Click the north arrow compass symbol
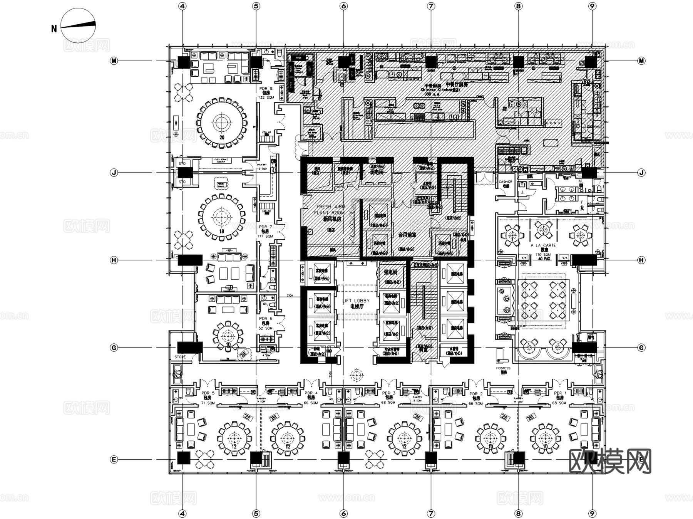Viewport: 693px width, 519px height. (78, 25)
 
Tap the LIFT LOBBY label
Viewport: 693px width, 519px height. (356, 303)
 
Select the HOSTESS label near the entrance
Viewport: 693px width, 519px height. (503, 370)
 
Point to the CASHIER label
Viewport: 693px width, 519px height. (506, 183)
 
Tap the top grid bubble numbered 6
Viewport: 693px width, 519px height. (343, 6)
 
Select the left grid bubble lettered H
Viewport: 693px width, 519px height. (114, 260)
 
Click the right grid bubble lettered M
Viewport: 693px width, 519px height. (641, 61)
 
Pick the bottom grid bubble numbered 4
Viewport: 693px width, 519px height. (182, 513)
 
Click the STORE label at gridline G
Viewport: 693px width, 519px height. (180, 357)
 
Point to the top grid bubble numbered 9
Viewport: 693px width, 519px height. (592, 6)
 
